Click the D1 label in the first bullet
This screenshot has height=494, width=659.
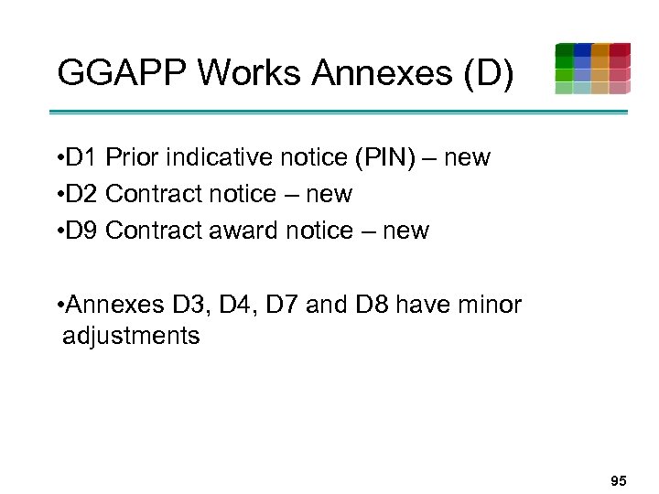[81, 157]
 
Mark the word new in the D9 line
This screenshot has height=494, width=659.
[405, 231]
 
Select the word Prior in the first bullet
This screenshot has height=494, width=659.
[133, 157]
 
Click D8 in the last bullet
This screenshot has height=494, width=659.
[372, 304]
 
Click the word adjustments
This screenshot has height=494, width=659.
[131, 336]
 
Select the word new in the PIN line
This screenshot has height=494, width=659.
[467, 157]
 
